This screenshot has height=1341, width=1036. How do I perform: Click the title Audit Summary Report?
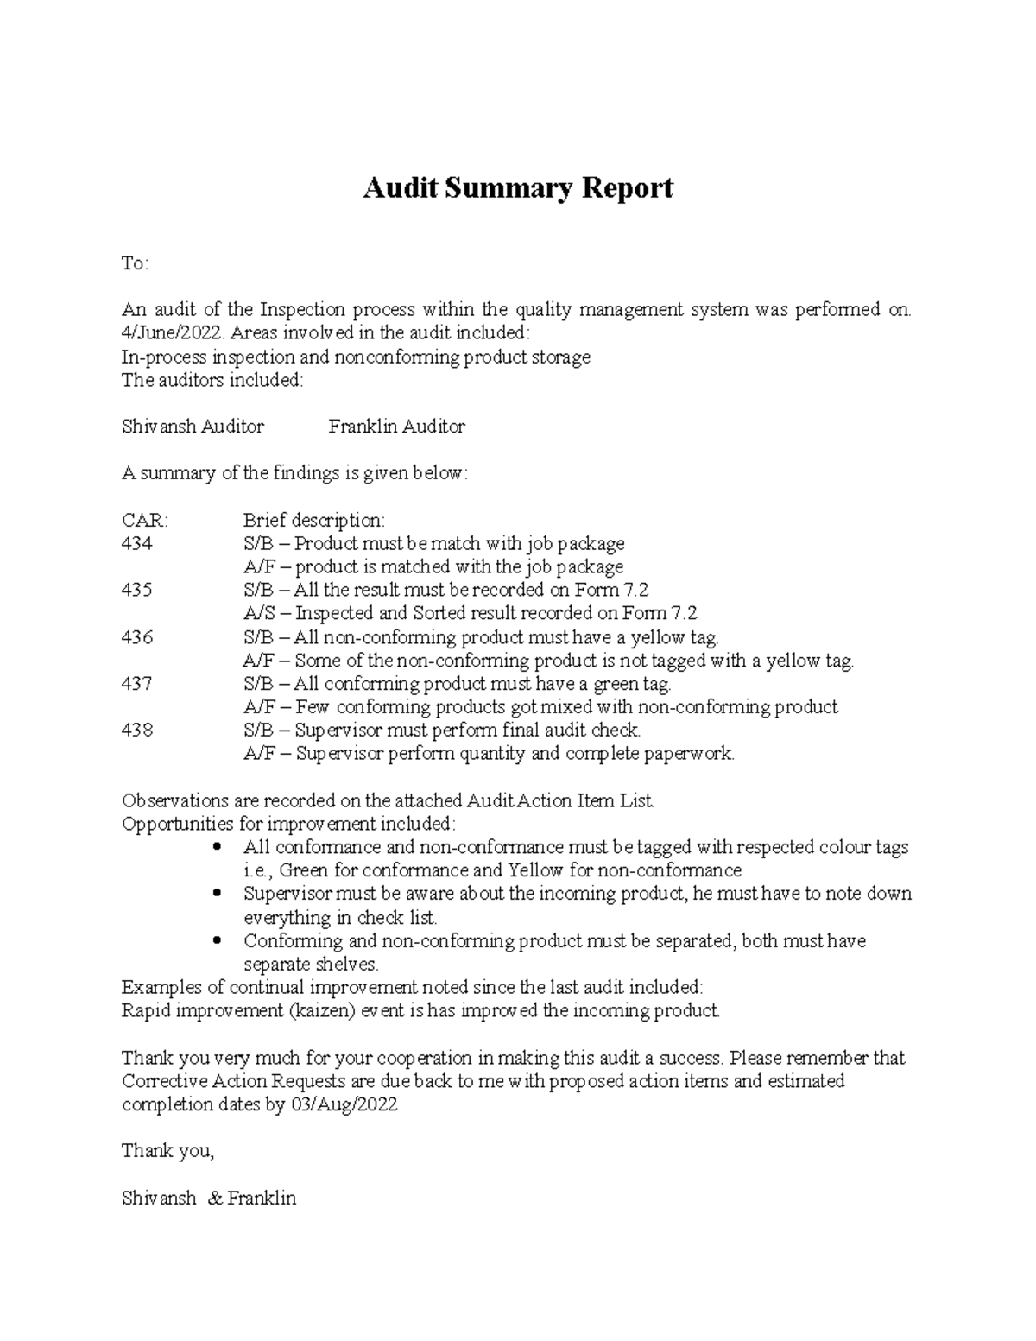coord(517,187)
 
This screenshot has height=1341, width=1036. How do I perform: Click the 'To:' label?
coord(135,263)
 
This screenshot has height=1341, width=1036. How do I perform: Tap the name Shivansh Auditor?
coord(193,427)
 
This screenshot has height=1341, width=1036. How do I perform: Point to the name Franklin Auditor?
coord(396,427)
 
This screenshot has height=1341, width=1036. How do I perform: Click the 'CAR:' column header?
coord(145,521)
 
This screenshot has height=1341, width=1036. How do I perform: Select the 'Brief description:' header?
coord(313,521)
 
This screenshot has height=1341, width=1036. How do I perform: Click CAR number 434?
coord(137,544)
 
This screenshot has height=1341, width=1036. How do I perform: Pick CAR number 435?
coord(137,591)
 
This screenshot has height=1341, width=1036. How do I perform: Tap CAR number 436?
coord(137,637)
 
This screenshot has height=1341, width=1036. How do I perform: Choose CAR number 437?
coord(137,684)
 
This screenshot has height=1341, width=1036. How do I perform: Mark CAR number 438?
coord(137,731)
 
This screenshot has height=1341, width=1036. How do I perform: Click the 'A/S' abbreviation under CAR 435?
coord(257,614)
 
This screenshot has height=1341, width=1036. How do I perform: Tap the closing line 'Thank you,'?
coord(167,1151)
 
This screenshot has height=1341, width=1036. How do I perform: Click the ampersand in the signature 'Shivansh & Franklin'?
coord(214,1199)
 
